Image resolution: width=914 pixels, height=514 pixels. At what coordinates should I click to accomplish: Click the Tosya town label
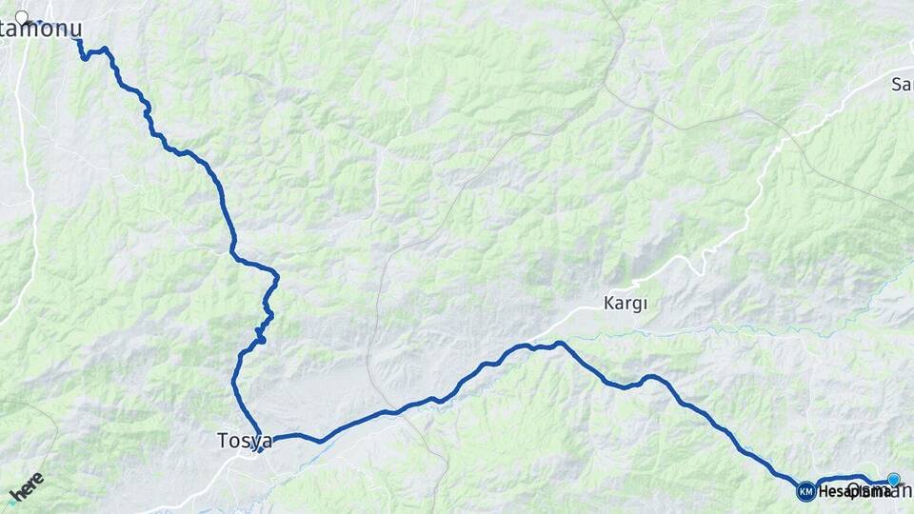pyautogui.click(x=245, y=441)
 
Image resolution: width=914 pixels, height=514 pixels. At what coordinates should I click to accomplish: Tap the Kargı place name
pyautogui.click(x=626, y=304)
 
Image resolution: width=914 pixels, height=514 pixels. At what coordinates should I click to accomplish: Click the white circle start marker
pyautogui.click(x=21, y=16)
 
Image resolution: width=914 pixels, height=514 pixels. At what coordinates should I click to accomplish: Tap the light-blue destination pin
pyautogui.click(x=893, y=480)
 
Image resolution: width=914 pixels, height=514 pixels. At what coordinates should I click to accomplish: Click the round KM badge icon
pyautogui.click(x=805, y=491)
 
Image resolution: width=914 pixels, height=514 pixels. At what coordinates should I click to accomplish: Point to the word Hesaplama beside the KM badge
pyautogui.click(x=843, y=492)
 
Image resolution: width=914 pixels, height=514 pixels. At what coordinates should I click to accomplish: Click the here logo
pyautogui.click(x=26, y=486)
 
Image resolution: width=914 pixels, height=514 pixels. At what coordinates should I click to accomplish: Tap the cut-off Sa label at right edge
pyautogui.click(x=902, y=84)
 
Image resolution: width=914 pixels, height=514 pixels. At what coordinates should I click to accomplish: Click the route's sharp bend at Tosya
pyautogui.click(x=259, y=448)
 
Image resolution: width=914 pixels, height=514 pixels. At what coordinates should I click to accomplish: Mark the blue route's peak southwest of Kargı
pyautogui.click(x=559, y=344)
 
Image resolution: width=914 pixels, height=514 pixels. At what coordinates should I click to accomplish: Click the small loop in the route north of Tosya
pyautogui.click(x=260, y=334)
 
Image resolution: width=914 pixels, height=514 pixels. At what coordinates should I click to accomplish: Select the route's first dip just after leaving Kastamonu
pyautogui.click(x=86, y=58)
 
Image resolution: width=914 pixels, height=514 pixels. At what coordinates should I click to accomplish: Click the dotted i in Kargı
pyautogui.click(x=644, y=304)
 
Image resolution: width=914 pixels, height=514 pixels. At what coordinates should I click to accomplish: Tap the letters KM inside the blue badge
pyautogui.click(x=805, y=491)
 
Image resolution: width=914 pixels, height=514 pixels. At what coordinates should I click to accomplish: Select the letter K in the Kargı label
pyautogui.click(x=609, y=304)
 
